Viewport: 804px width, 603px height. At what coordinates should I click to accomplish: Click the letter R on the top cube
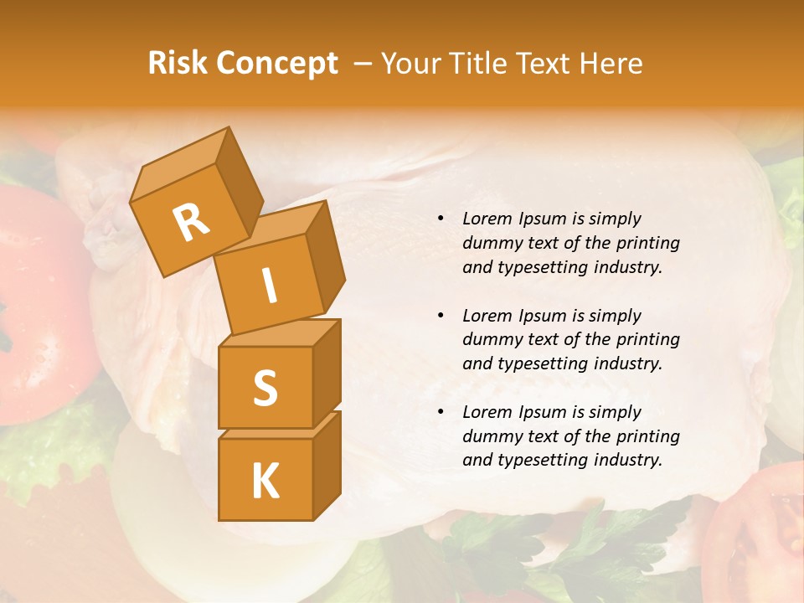coord(191,221)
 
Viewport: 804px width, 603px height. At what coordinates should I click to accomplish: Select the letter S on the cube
coord(265,388)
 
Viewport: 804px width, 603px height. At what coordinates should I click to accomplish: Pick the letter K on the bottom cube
coord(265,481)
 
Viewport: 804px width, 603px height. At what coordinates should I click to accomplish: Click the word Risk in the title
coord(178,64)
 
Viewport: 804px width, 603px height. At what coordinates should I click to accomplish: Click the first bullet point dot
coord(441,219)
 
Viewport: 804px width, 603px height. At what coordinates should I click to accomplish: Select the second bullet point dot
coord(441,317)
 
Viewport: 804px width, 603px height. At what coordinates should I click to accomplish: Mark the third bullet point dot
coord(441,413)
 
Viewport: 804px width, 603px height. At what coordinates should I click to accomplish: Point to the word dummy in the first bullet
coord(489,244)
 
